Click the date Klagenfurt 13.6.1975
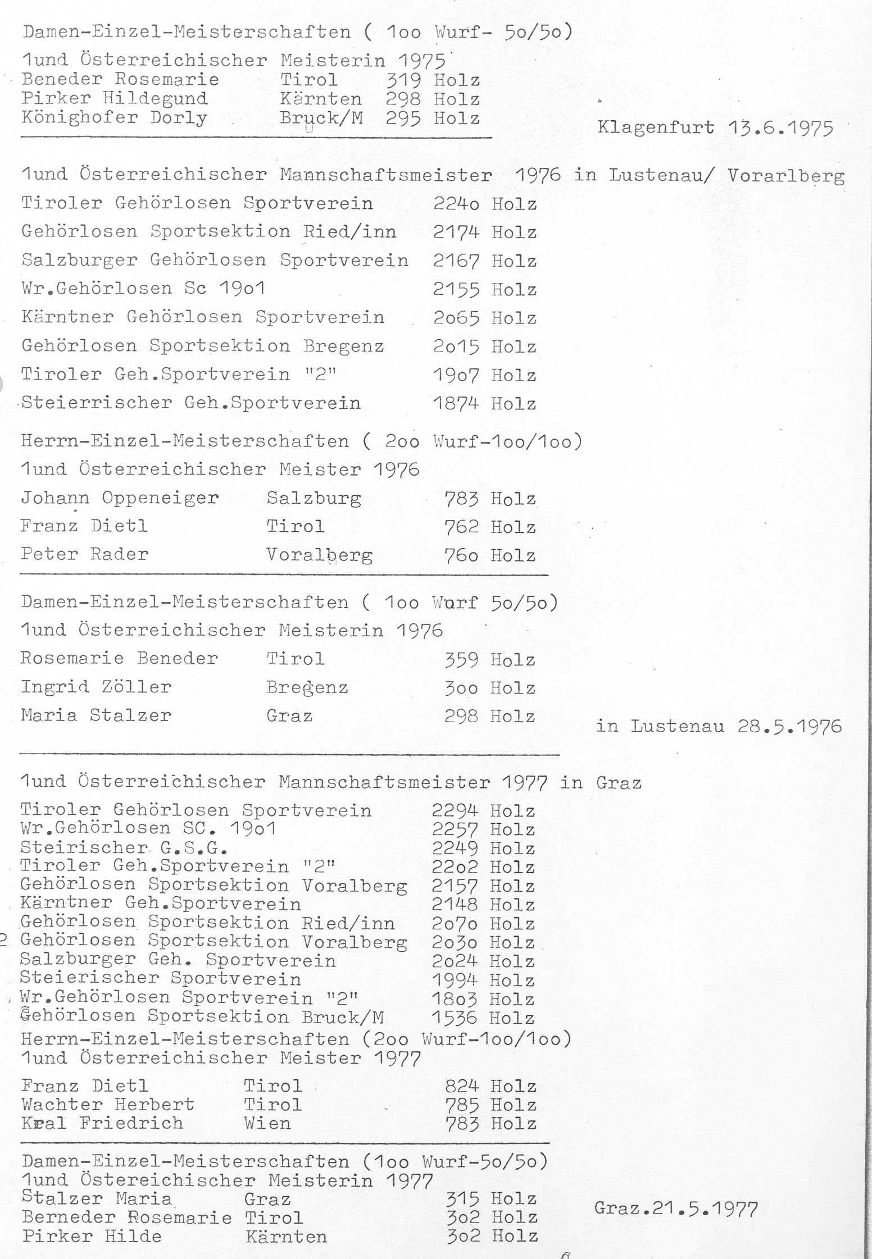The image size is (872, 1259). [715, 128]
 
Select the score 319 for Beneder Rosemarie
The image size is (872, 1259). [403, 80]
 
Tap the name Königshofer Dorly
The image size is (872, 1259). [115, 118]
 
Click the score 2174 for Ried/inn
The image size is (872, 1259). [456, 232]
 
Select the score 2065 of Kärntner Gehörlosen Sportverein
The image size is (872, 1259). [456, 318]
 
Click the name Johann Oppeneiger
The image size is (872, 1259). [120, 498]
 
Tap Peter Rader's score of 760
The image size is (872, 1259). [461, 555]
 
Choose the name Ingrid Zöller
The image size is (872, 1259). [96, 687]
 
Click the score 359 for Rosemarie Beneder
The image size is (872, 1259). [461, 659]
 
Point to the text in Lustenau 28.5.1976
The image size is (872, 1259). [719, 726]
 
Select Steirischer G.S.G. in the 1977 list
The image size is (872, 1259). [124, 847]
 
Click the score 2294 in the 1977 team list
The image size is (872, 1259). [455, 810]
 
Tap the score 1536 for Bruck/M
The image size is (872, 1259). [455, 1018]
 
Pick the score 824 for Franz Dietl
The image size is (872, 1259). [462, 1086]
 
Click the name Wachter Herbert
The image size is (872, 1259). [108, 1105]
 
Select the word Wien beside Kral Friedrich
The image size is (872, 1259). [267, 1124]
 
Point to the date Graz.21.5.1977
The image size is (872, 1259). [676, 1208]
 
